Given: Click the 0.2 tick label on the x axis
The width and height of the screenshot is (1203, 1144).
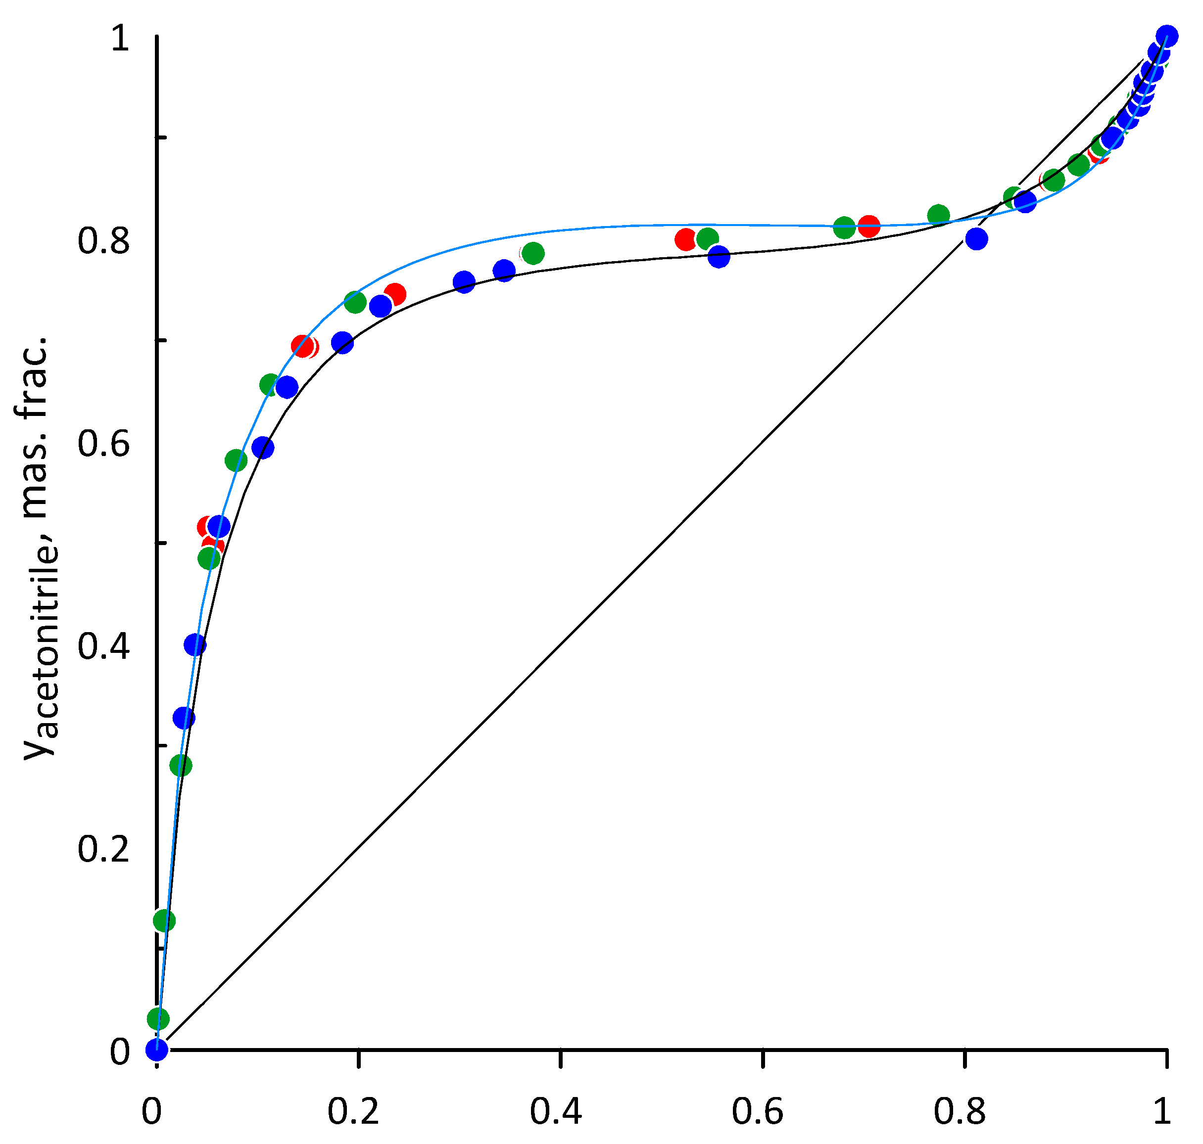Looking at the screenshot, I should tap(353, 1110).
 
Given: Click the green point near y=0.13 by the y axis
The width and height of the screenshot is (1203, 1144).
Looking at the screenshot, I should tap(163, 920).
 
